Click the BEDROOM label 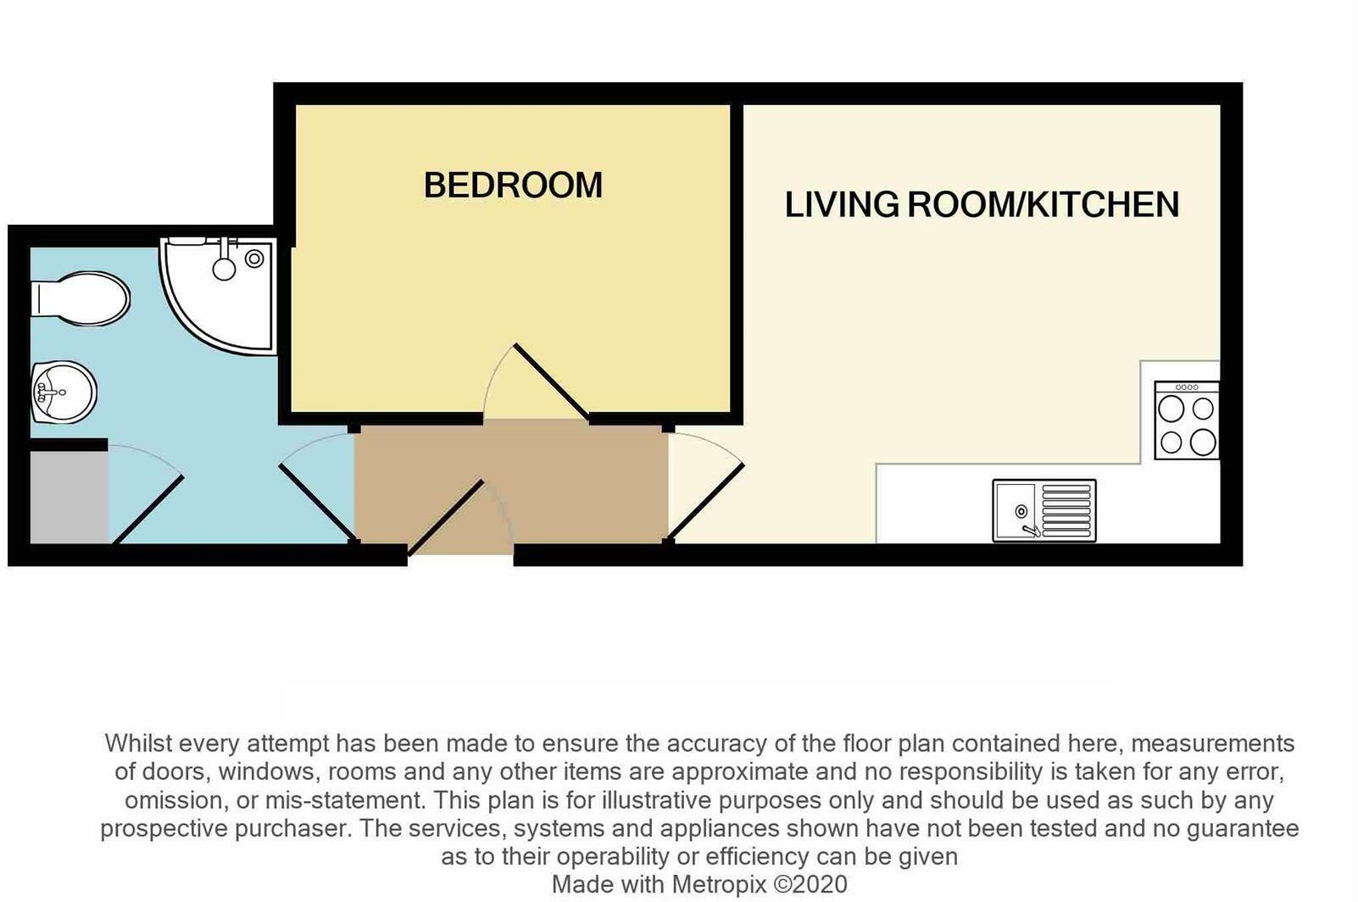coord(513,186)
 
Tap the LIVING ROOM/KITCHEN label coord(982,205)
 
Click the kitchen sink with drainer coord(1044,509)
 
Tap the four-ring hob coord(1187,421)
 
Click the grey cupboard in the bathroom coord(68,497)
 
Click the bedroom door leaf coord(552,381)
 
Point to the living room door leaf coord(706,502)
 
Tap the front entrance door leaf coord(446,518)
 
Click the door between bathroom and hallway coord(316,502)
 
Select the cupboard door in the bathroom coord(147,509)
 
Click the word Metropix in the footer coord(719,884)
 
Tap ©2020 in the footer coord(810,884)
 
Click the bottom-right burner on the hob coord(1203,442)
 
